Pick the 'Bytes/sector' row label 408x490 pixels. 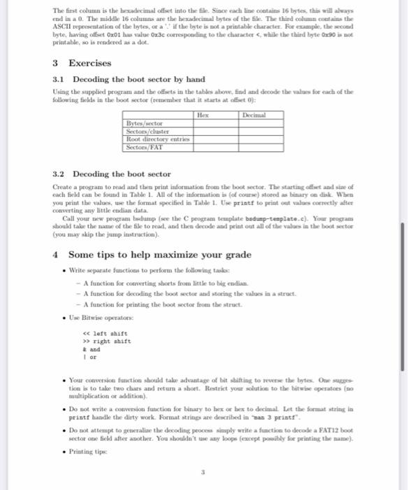(141, 121)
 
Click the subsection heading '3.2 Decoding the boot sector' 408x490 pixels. (112, 174)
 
